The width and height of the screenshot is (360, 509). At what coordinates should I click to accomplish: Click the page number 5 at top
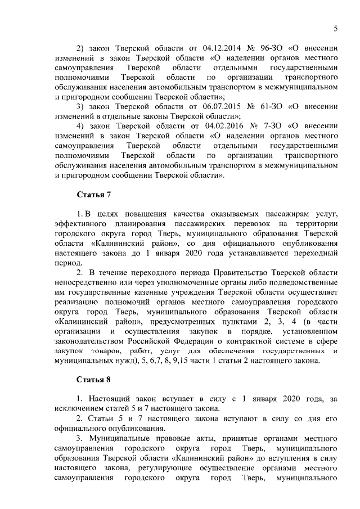335,29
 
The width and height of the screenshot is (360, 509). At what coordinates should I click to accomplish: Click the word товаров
103,350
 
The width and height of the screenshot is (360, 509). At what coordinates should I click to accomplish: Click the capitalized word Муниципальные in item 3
118,438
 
